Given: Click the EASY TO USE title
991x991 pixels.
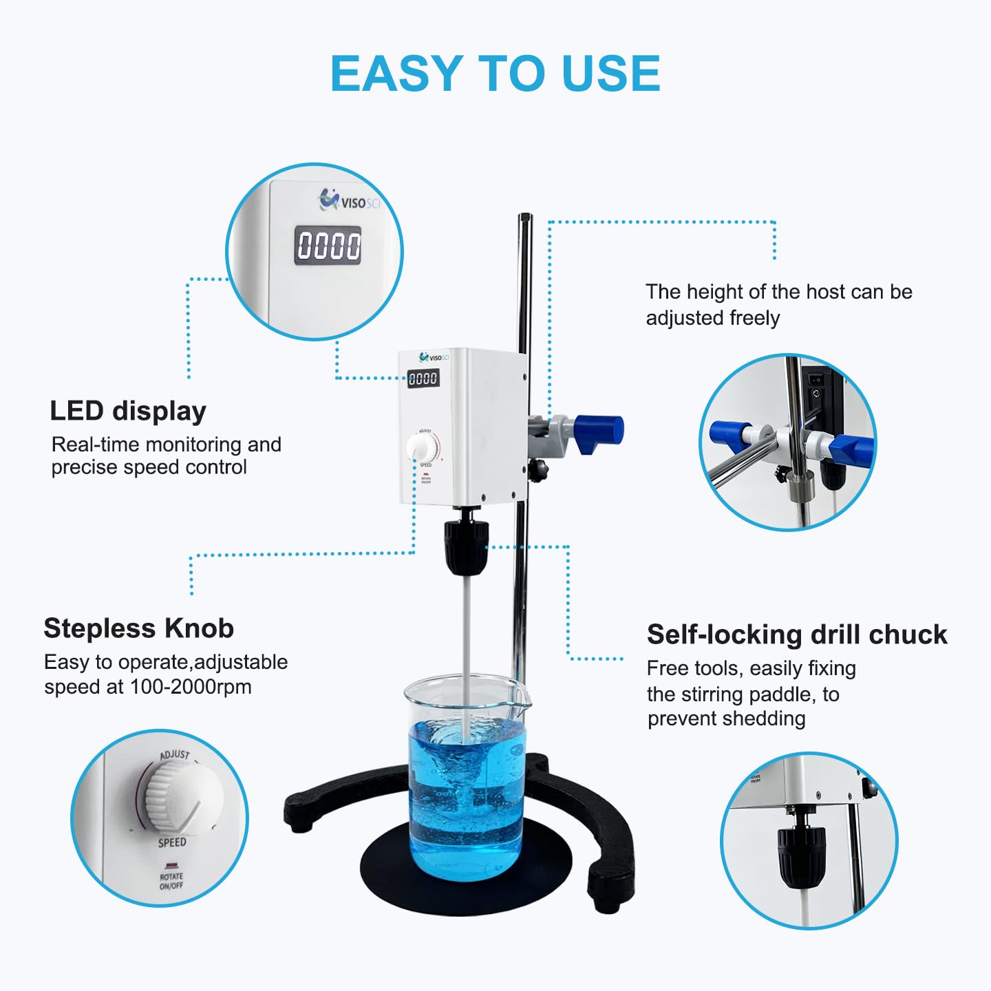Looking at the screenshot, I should click(x=495, y=74).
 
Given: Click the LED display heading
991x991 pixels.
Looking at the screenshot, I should click(x=128, y=411).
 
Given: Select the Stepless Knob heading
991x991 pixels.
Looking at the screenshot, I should click(x=138, y=628).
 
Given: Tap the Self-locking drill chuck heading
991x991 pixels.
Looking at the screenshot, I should click(x=796, y=635).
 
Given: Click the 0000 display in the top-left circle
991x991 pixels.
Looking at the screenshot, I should click(x=328, y=246).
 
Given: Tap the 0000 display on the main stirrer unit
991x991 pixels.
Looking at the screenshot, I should click(x=423, y=378).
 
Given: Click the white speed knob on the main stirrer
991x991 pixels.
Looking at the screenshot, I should click(x=421, y=447).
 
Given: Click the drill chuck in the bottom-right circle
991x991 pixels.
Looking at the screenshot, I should click(x=801, y=856).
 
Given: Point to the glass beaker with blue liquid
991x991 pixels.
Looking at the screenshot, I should click(x=466, y=778).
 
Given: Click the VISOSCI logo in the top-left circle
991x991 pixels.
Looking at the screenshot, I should click(x=350, y=201).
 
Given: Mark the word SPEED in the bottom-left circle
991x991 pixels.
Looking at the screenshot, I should click(x=172, y=842).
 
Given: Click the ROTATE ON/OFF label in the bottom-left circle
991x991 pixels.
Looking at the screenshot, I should click(x=171, y=881).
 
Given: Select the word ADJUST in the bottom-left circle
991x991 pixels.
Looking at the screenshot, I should click(x=175, y=755).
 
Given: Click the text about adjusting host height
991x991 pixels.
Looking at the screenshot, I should click(x=778, y=305).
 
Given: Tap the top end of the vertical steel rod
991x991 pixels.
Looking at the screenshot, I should click(x=525, y=219).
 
